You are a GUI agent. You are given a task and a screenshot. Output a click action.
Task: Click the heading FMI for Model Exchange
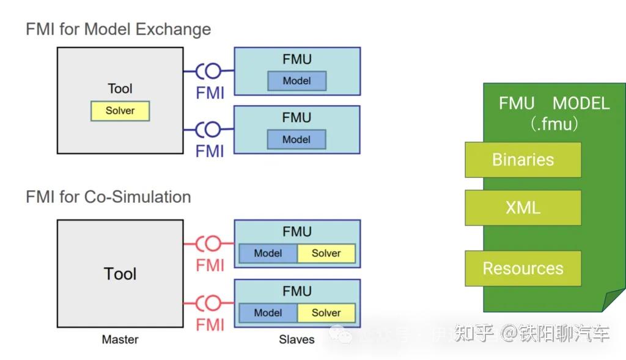point(118,29)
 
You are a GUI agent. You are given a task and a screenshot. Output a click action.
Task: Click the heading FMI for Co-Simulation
point(108,197)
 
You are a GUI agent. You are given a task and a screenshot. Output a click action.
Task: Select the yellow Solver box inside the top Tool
point(120,111)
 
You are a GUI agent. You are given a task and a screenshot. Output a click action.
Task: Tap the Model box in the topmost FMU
point(296,81)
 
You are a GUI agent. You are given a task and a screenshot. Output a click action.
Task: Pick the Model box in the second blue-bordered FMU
point(296,139)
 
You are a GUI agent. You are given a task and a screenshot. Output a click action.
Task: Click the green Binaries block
point(523,160)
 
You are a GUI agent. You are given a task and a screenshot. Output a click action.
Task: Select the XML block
point(523,208)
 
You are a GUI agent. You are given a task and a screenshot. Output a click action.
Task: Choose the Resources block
point(523,268)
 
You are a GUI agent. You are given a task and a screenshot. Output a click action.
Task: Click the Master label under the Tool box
point(120,339)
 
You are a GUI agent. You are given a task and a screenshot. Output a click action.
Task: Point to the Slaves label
point(296,339)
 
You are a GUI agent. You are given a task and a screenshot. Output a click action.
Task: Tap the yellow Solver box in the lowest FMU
point(326,312)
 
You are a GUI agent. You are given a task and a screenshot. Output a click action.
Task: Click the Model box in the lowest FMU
point(268,312)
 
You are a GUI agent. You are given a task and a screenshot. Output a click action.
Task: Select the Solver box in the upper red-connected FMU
point(326,253)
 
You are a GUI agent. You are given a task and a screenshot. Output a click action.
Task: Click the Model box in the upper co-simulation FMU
point(268,253)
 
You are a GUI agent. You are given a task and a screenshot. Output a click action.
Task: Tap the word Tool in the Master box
point(120,274)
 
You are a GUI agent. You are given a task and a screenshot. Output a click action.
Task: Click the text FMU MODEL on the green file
point(554,103)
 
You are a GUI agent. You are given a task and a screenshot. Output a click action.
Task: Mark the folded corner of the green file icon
point(615,301)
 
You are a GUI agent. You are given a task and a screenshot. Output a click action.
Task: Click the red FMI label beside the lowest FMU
point(210,325)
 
